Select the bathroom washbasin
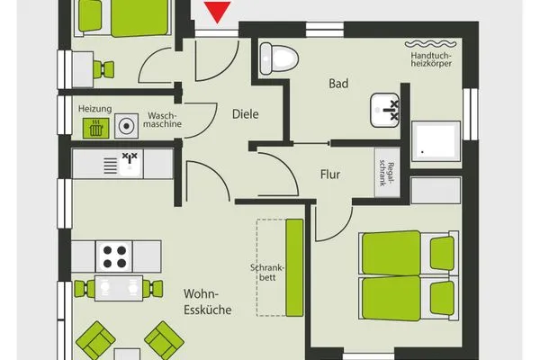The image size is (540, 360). pyautogui.click(x=388, y=111)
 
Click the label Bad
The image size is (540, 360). pyautogui.click(x=337, y=84)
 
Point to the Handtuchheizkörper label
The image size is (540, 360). pyautogui.click(x=433, y=58)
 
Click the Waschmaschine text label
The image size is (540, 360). pyautogui.click(x=163, y=121)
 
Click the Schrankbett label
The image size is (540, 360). pyautogui.click(x=266, y=272)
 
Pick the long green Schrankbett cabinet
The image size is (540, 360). pyautogui.click(x=293, y=267)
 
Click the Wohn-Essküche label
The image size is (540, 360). pyautogui.click(x=208, y=301)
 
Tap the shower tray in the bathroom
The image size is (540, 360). pyautogui.click(x=435, y=141)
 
